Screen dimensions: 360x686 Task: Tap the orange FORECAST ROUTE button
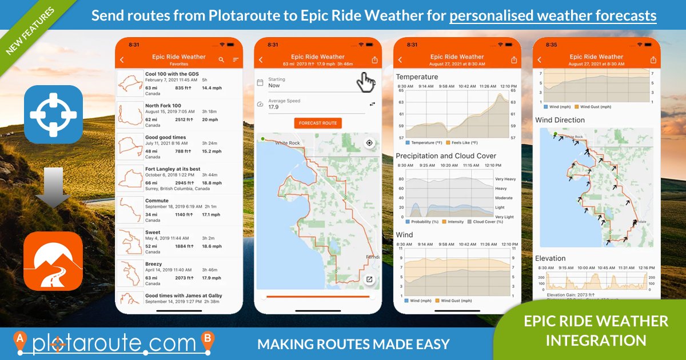coord(318,123)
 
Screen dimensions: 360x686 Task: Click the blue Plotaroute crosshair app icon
coord(53,114)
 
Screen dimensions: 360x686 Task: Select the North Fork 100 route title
coord(163,106)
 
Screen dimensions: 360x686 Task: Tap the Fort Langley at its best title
coord(173,169)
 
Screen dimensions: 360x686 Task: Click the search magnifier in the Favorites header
coord(221,59)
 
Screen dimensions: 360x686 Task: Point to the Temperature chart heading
coord(417,77)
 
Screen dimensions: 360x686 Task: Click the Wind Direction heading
coord(560,120)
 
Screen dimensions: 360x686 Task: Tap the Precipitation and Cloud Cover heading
coord(446,156)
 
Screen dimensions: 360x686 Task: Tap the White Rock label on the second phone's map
coord(287,143)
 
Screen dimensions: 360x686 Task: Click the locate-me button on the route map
coord(369,143)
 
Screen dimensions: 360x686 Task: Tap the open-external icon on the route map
coord(369,279)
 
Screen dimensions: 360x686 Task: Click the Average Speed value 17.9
coord(273,107)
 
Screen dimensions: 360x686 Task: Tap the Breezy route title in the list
coord(153,264)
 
